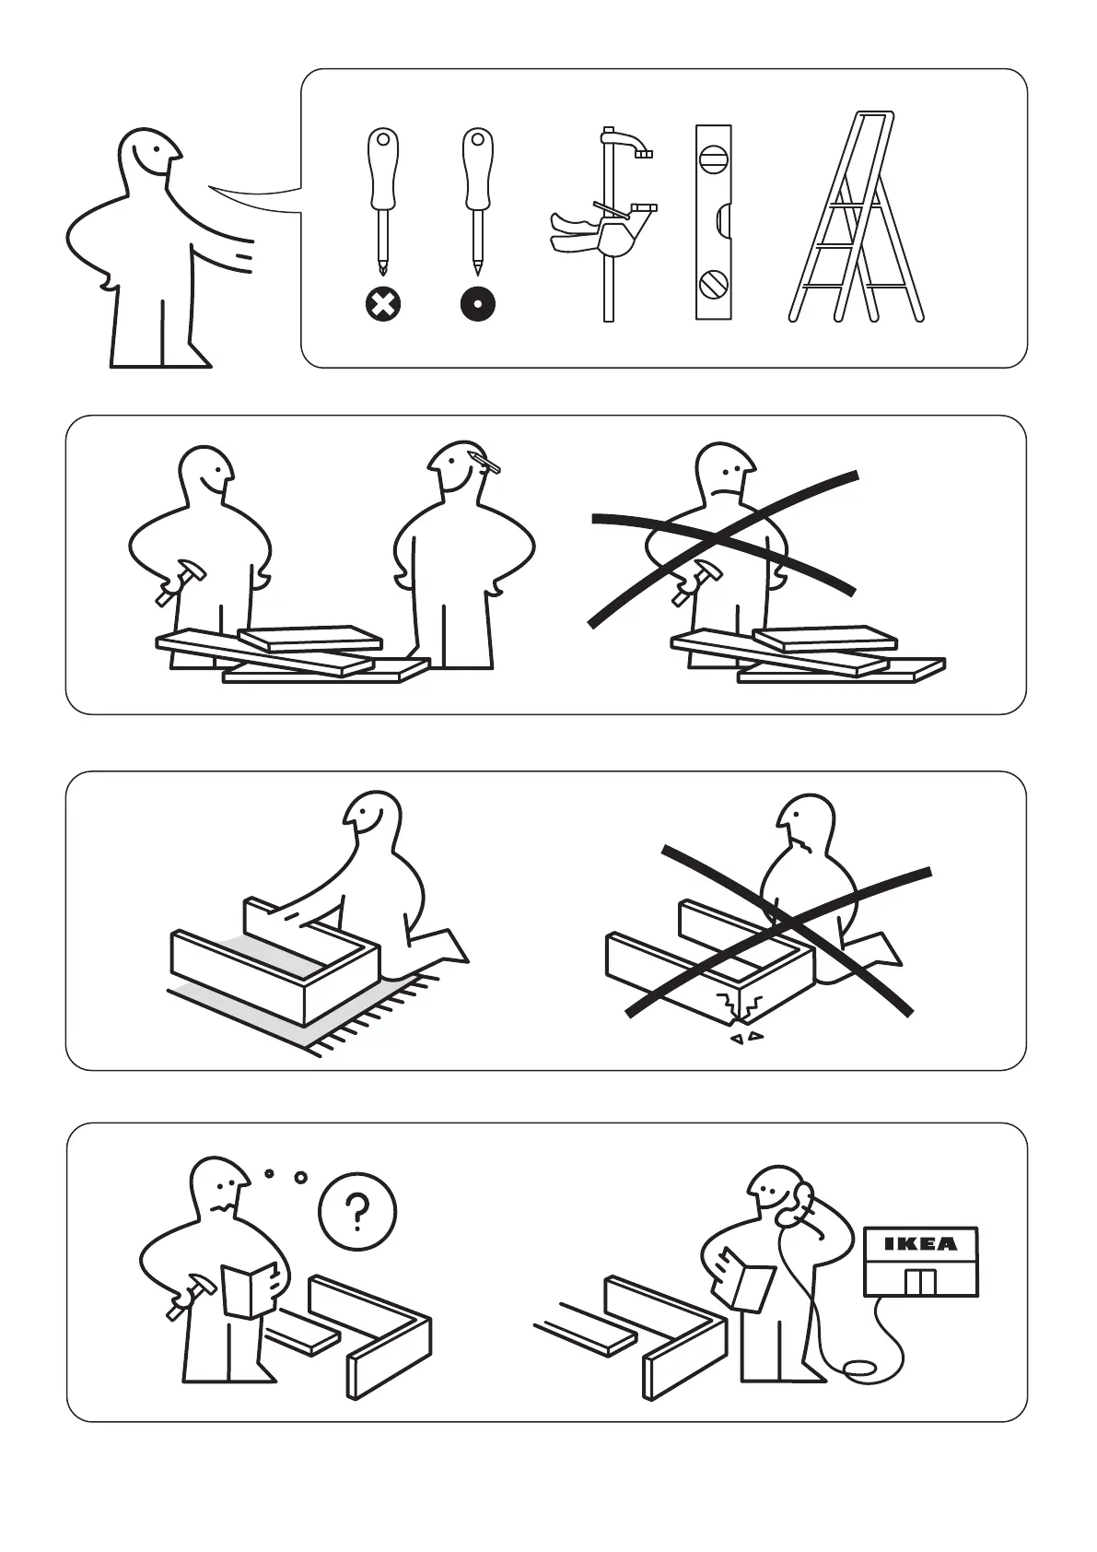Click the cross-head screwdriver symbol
pyautogui.click(x=383, y=303)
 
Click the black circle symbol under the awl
pyautogui.click(x=477, y=303)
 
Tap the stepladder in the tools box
pyautogui.click(x=857, y=217)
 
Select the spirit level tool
pyautogui.click(x=713, y=222)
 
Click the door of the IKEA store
pyautogui.click(x=920, y=1283)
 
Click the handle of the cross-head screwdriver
pyautogui.click(x=383, y=170)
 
